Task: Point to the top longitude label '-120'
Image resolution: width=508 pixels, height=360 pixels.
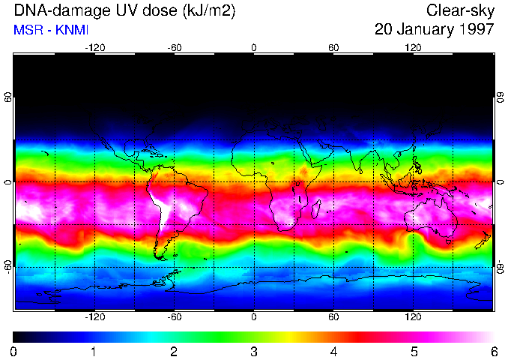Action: click(94, 47)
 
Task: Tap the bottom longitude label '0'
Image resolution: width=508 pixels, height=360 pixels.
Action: click(253, 316)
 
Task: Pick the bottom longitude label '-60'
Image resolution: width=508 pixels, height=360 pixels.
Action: click(174, 316)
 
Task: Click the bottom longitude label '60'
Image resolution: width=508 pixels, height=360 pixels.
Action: click(333, 316)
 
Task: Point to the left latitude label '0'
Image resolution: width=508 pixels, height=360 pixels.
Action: click(8, 182)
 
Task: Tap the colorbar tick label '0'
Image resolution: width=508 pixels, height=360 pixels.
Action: click(14, 351)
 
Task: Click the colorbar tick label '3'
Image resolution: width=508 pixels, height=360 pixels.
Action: click(253, 351)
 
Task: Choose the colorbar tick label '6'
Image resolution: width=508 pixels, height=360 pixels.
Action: click(493, 351)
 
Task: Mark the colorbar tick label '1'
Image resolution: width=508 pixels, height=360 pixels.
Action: click(94, 351)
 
